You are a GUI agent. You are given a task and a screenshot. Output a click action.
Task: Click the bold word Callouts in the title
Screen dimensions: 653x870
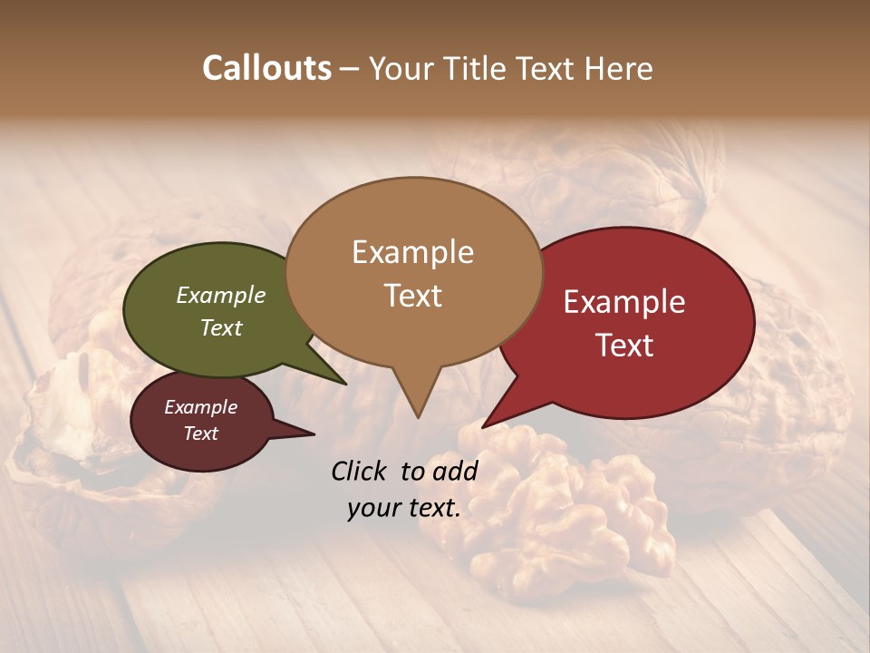click(x=266, y=68)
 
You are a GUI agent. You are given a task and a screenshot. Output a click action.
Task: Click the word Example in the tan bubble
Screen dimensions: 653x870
click(x=412, y=252)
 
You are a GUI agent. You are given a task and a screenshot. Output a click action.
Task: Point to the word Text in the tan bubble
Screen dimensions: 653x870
click(x=412, y=296)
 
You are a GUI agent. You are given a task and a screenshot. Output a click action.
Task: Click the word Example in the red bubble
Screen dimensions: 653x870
click(x=624, y=302)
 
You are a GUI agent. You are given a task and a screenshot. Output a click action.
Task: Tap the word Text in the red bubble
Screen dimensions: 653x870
click(x=624, y=346)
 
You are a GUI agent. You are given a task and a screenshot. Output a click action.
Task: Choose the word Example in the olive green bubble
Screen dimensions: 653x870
click(x=221, y=295)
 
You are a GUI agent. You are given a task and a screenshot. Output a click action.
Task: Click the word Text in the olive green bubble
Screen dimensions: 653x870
click(x=221, y=327)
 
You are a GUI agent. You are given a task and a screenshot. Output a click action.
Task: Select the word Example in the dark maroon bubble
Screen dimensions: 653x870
click(x=200, y=407)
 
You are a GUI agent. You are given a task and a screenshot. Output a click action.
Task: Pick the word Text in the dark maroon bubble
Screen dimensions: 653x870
click(x=200, y=434)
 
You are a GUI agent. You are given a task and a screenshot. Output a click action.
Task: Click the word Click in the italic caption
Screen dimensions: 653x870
click(x=360, y=471)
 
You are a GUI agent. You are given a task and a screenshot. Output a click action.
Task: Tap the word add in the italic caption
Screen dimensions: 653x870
click(x=455, y=471)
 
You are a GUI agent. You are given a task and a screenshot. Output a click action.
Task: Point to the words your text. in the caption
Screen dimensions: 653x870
click(x=404, y=508)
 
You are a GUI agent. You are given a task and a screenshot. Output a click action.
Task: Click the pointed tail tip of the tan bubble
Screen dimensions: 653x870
click(x=418, y=417)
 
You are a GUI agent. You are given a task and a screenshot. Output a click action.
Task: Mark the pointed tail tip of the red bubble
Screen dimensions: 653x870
click(x=483, y=427)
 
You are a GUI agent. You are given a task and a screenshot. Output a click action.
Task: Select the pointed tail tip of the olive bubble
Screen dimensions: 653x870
click(x=345, y=384)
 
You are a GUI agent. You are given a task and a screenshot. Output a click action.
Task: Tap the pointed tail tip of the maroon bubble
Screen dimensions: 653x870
click(x=314, y=434)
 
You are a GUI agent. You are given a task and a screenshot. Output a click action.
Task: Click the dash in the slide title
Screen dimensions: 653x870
click(x=351, y=69)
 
